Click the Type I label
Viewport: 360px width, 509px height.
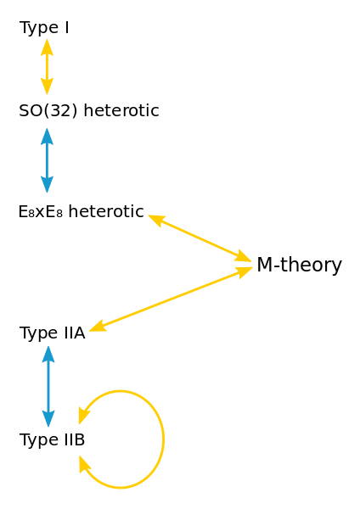click(x=44, y=28)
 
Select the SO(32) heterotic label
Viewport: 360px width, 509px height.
click(x=88, y=111)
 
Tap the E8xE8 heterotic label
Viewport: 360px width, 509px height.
click(x=81, y=211)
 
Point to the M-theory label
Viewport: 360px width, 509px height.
click(x=299, y=266)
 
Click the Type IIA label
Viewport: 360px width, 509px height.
click(x=52, y=333)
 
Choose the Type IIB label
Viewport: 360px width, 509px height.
click(x=52, y=439)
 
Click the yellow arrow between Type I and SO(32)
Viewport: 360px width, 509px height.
click(x=47, y=66)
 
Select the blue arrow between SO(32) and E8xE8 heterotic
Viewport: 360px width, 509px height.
click(x=47, y=161)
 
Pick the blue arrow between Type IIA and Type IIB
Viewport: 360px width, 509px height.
click(x=48, y=386)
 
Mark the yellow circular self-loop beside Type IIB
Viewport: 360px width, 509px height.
click(x=161, y=438)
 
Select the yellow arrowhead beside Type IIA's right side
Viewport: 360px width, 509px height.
click(x=98, y=325)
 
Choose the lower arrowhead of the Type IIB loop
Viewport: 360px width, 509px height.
click(x=85, y=464)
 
